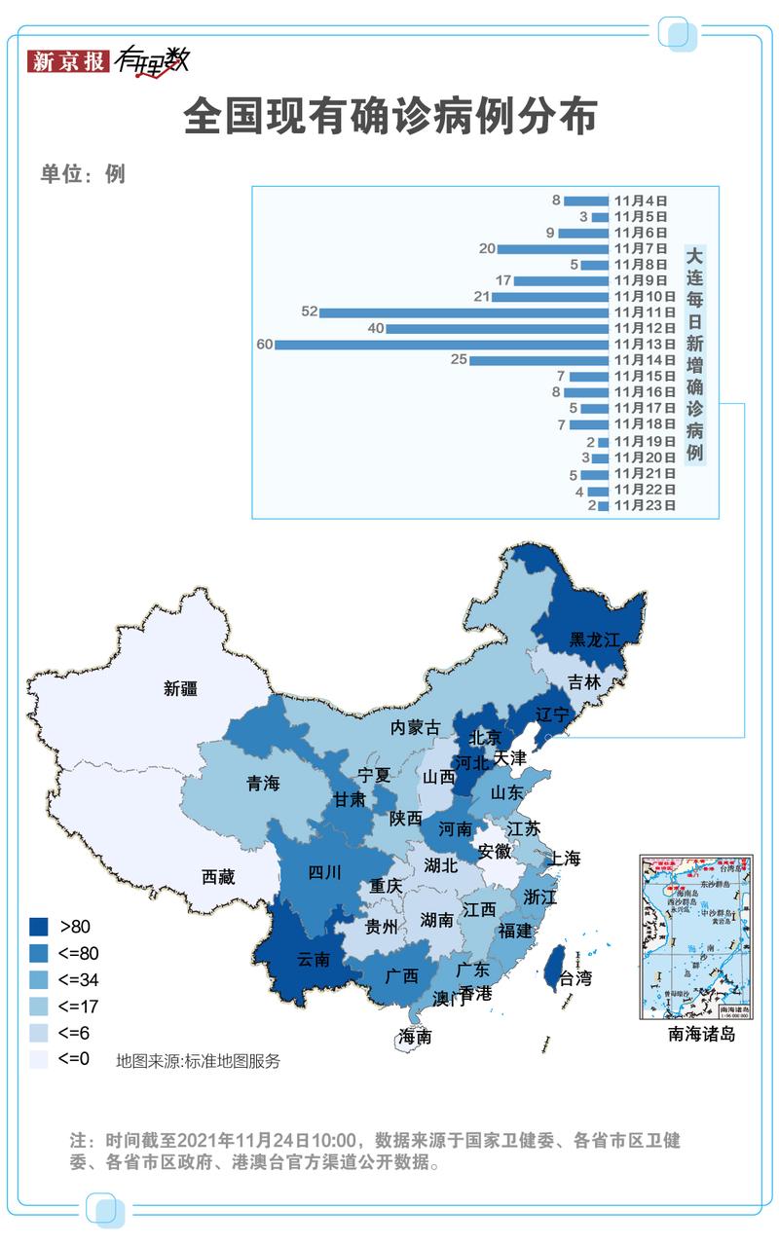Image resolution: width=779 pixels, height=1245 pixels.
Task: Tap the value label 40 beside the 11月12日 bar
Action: (x=376, y=329)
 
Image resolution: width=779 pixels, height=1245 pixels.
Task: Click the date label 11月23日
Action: (x=644, y=505)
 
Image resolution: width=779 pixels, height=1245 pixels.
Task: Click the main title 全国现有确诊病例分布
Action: (x=389, y=117)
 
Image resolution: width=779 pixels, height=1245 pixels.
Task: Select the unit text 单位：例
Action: (x=83, y=174)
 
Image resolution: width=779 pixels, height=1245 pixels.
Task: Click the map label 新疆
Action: (x=180, y=688)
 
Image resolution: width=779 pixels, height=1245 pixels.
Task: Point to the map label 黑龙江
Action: (x=594, y=640)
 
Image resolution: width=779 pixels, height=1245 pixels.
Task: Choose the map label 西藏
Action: (x=218, y=876)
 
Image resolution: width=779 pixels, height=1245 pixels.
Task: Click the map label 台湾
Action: (x=575, y=978)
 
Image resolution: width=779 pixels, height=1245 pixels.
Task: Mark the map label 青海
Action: (x=263, y=783)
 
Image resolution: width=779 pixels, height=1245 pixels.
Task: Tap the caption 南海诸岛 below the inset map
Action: (x=701, y=1034)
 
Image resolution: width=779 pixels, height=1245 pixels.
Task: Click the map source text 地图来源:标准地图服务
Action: (x=198, y=1061)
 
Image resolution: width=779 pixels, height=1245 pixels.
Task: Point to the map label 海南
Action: (x=415, y=1037)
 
